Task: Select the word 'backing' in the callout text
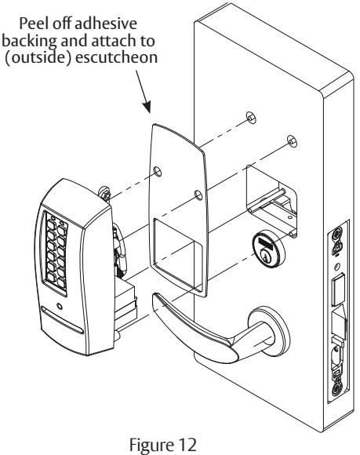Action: coord(29,42)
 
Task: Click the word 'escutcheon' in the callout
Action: coord(116,58)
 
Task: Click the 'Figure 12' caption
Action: coord(162,445)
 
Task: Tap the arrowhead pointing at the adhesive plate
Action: coord(147,106)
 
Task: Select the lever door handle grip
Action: coord(195,328)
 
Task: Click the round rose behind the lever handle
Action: coord(269,331)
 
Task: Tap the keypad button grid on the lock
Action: coord(56,253)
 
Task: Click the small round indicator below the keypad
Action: coord(60,307)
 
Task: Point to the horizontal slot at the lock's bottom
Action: coord(62,320)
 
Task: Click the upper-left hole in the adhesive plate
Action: coord(158,172)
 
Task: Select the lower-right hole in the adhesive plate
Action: coord(198,195)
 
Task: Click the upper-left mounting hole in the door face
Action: coord(251,118)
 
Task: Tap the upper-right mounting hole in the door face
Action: coord(292,141)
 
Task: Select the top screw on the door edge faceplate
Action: coord(336,233)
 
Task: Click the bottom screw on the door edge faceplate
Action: coord(336,389)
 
